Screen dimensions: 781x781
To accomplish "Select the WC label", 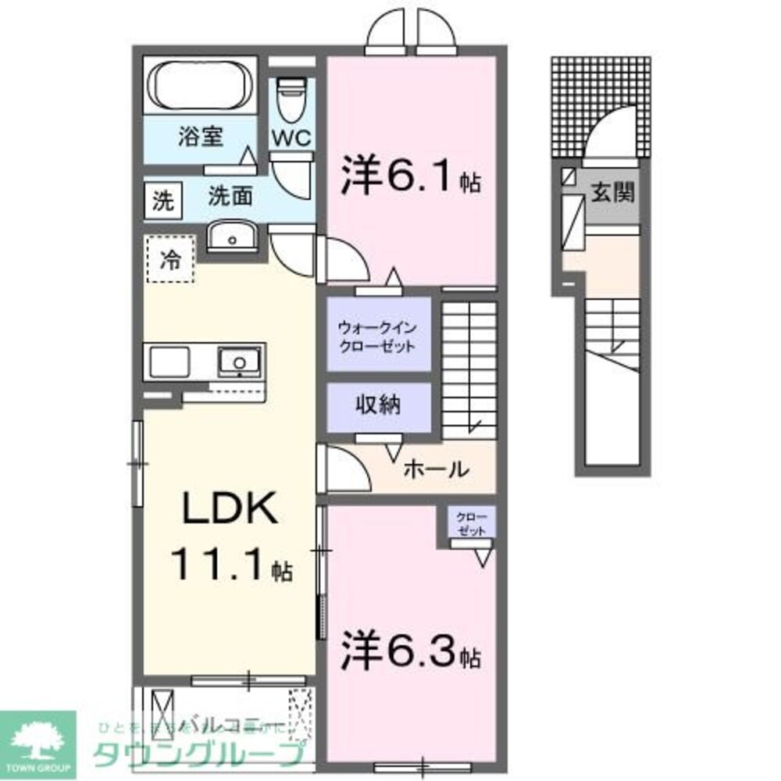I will [x=291, y=137].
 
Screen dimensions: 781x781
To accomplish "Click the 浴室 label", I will [x=201, y=137].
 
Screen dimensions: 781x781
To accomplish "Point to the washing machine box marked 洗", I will [x=162, y=201].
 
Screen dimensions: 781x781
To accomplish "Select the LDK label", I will [x=229, y=512].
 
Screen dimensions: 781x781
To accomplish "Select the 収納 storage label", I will [x=379, y=405].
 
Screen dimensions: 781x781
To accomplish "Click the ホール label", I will [x=436, y=470].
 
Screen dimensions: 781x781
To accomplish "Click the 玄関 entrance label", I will [x=611, y=192].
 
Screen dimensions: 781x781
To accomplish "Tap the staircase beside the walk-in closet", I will [x=469, y=367].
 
